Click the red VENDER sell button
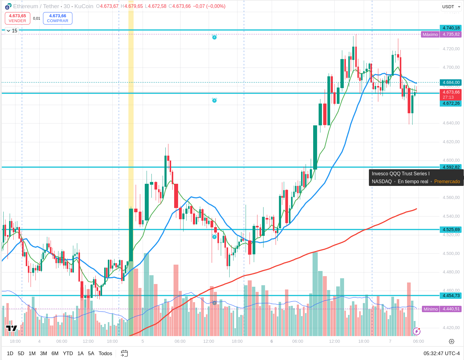point(17,18)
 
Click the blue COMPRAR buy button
point(58,18)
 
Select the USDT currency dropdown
point(451,7)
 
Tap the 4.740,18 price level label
point(451,28)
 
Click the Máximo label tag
point(430,35)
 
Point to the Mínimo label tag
point(431,309)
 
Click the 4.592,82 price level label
point(451,167)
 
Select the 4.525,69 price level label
point(451,230)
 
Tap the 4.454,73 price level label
point(451,296)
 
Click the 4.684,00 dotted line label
point(451,82)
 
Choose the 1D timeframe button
point(10,353)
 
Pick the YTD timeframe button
point(68,353)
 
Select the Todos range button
point(105,353)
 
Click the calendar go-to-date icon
point(124,353)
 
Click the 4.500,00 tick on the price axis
point(451,253)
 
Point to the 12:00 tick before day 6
point(209,341)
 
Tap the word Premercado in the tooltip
point(447,182)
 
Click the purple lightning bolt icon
point(416,332)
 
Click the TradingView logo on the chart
point(12,328)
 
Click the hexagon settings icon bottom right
point(452,342)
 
